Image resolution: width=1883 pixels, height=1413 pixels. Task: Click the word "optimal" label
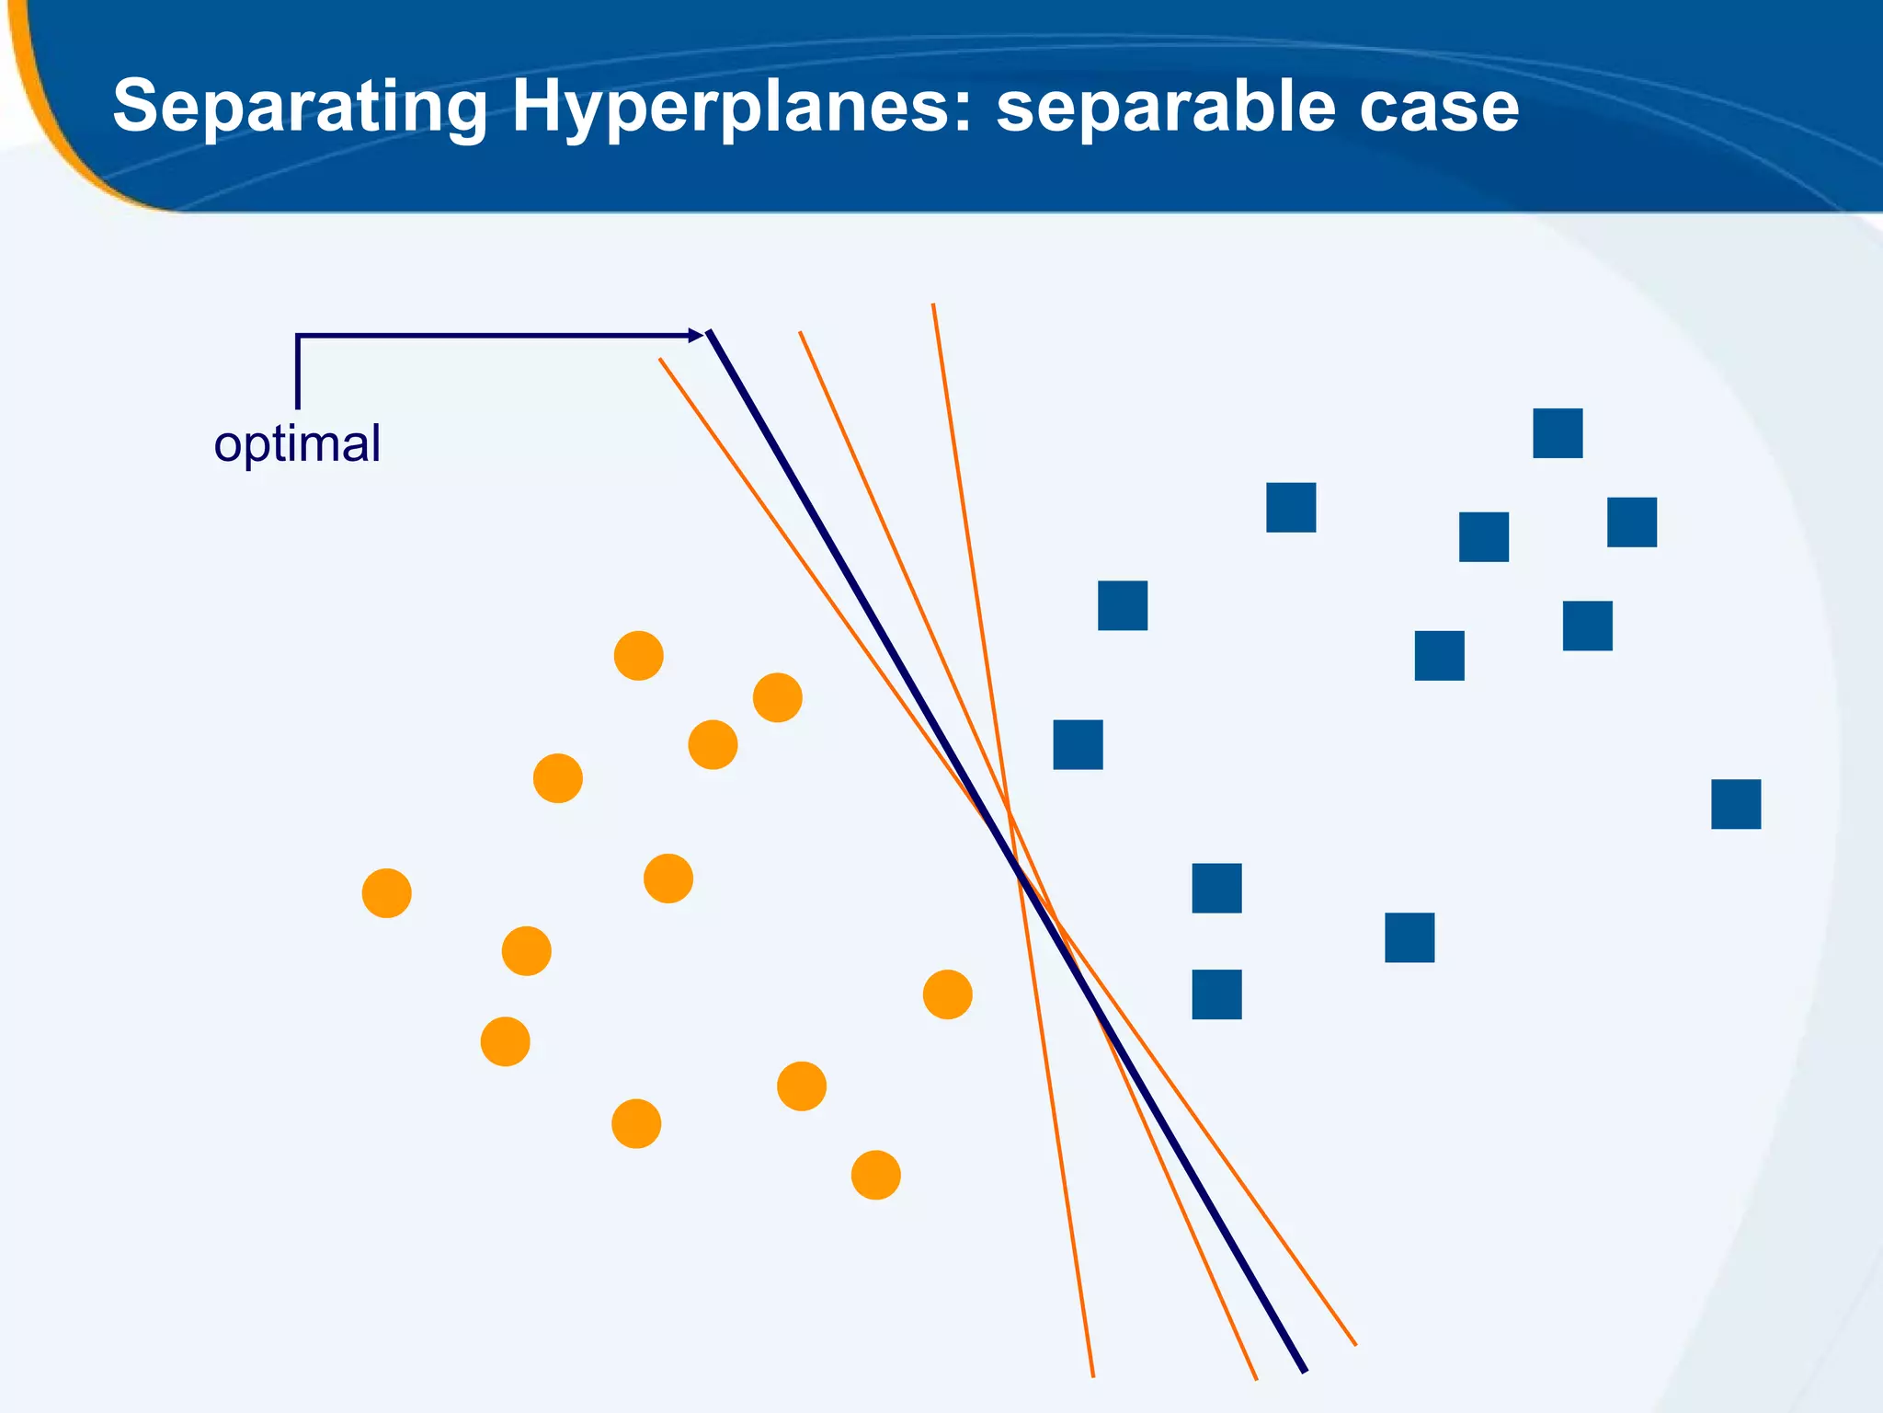[x=297, y=444]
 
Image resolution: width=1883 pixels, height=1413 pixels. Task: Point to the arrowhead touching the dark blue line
[x=697, y=336]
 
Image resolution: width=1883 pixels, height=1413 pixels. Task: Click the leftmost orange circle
[x=386, y=893]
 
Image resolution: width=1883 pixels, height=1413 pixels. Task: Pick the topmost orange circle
[x=638, y=656]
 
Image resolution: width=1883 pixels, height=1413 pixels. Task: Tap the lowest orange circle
[x=875, y=1175]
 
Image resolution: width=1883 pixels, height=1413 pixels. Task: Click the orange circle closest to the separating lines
[x=947, y=994]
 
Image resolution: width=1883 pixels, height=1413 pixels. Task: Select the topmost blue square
[x=1558, y=433]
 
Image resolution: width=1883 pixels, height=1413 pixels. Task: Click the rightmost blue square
[x=1736, y=804]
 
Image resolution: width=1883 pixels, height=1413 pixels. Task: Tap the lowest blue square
[x=1216, y=994]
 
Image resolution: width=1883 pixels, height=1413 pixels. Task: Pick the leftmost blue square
[x=1078, y=744]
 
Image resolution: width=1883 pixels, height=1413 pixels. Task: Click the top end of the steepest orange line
[x=933, y=305]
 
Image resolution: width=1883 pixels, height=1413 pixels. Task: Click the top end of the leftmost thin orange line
[x=660, y=360]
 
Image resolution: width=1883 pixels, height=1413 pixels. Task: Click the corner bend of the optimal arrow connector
[x=298, y=337]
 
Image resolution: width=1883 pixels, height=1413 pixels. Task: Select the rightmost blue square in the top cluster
[x=1632, y=523]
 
